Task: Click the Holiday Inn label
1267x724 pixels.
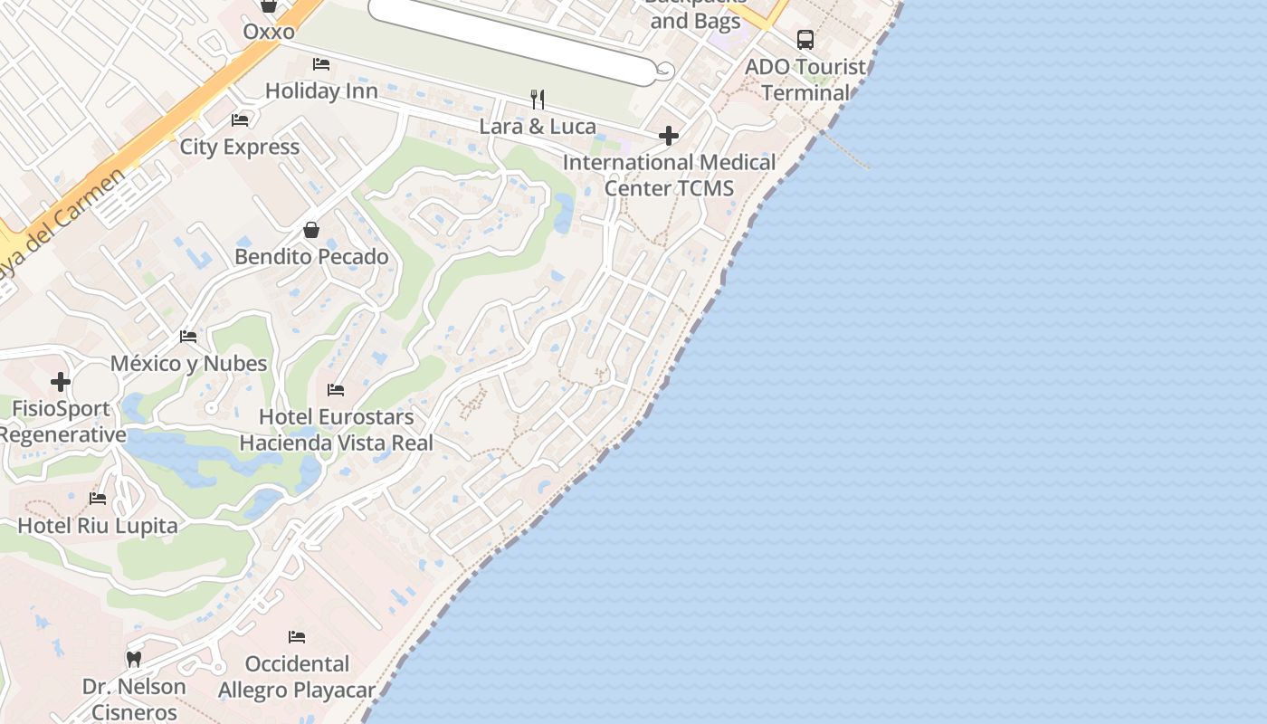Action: click(x=321, y=91)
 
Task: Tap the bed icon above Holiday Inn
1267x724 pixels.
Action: click(x=321, y=64)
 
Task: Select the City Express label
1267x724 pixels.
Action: click(x=240, y=147)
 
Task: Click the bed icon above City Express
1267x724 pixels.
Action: click(x=240, y=119)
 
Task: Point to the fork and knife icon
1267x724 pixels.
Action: click(x=538, y=99)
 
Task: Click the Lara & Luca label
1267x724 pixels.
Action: click(x=538, y=126)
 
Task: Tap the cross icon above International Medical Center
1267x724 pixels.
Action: click(x=669, y=136)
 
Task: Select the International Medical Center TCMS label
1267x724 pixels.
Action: click(x=669, y=175)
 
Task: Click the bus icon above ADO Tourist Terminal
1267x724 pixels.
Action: click(x=805, y=40)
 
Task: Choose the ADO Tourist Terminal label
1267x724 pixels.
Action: click(x=805, y=80)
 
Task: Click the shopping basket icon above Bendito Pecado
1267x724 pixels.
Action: click(x=311, y=230)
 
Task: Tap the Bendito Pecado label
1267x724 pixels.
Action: click(x=311, y=257)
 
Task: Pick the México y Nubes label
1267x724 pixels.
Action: click(x=188, y=364)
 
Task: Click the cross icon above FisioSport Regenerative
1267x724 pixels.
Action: click(x=61, y=382)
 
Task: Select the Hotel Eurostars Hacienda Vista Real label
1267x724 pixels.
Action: click(x=336, y=430)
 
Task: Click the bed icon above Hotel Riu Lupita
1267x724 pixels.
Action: click(x=98, y=499)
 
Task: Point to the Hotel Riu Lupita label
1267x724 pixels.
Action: click(x=98, y=526)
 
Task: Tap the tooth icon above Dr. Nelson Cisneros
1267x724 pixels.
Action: click(x=134, y=659)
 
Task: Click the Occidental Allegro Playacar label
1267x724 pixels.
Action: click(x=297, y=677)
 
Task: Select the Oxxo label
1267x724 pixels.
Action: click(x=269, y=32)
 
